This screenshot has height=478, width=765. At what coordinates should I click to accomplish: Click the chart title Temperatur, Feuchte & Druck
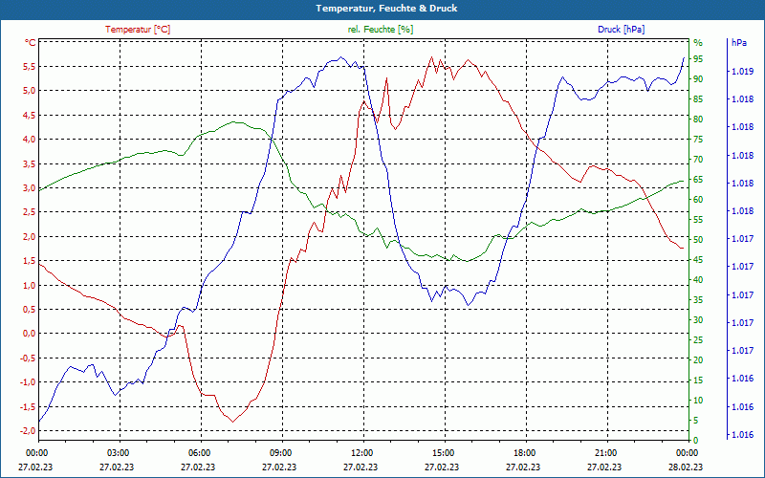pos(382,9)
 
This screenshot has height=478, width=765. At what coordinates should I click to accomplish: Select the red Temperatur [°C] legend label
pos(138,30)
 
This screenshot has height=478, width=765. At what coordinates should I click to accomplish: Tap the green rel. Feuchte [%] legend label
pos(381,30)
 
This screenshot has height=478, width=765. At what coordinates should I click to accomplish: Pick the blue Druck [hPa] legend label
pos(621,30)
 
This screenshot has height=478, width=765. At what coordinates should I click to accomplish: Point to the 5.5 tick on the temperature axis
pos(29,67)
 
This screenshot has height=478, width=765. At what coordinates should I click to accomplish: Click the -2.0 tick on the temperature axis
pos(27,431)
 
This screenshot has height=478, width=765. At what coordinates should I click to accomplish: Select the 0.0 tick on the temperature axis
pos(29,334)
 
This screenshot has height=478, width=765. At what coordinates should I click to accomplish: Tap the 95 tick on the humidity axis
pos(698,59)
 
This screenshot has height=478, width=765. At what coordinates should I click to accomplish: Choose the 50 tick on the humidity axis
pos(698,240)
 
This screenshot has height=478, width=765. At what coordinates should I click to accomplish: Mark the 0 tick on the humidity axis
pos(695,441)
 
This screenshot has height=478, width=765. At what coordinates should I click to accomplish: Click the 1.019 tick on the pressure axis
pos(740,72)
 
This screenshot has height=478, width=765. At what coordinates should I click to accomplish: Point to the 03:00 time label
pos(119,452)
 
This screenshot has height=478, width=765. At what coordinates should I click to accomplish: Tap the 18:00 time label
pos(525,452)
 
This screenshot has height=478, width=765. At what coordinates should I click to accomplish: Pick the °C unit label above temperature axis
pos(31,43)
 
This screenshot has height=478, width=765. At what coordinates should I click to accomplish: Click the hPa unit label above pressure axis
pos(738,43)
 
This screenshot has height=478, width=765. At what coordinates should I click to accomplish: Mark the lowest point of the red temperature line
pos(231,421)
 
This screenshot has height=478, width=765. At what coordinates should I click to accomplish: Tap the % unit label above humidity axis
pos(698,43)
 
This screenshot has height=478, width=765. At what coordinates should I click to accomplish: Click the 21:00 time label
pos(606,452)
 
